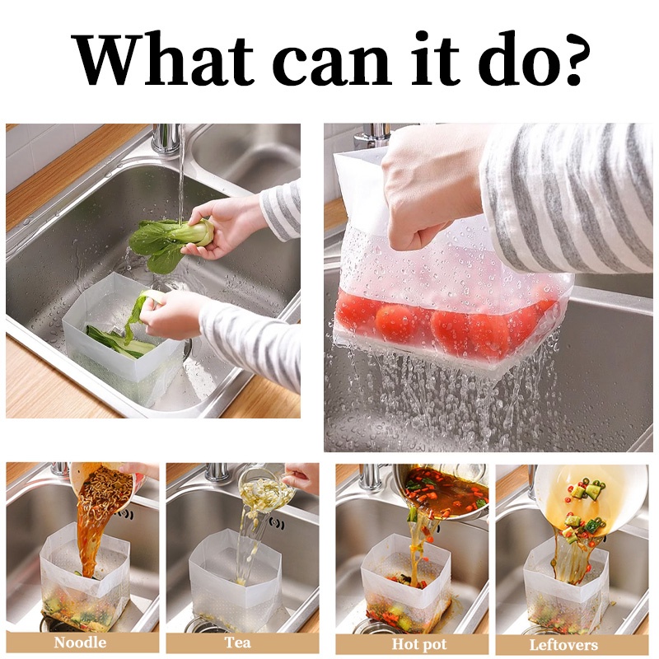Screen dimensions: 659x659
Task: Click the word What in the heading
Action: coord(165,58)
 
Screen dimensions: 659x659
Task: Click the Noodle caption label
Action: coord(80,643)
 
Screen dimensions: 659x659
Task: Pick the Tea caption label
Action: coord(238,643)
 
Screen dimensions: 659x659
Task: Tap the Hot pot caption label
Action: coord(419,644)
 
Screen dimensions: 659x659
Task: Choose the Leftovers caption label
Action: coord(563,645)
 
